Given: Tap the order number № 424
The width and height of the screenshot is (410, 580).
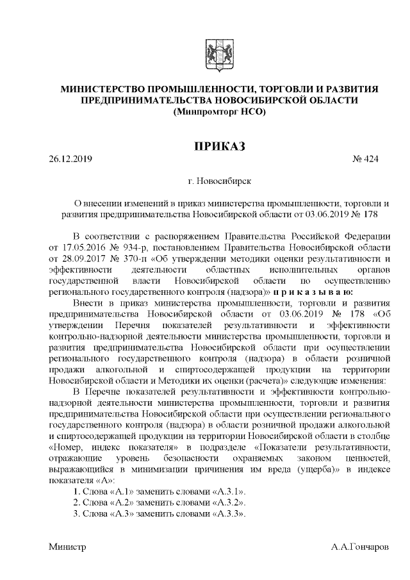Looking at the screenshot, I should point(366,159).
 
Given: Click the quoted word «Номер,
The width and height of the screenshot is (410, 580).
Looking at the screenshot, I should point(67,446).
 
